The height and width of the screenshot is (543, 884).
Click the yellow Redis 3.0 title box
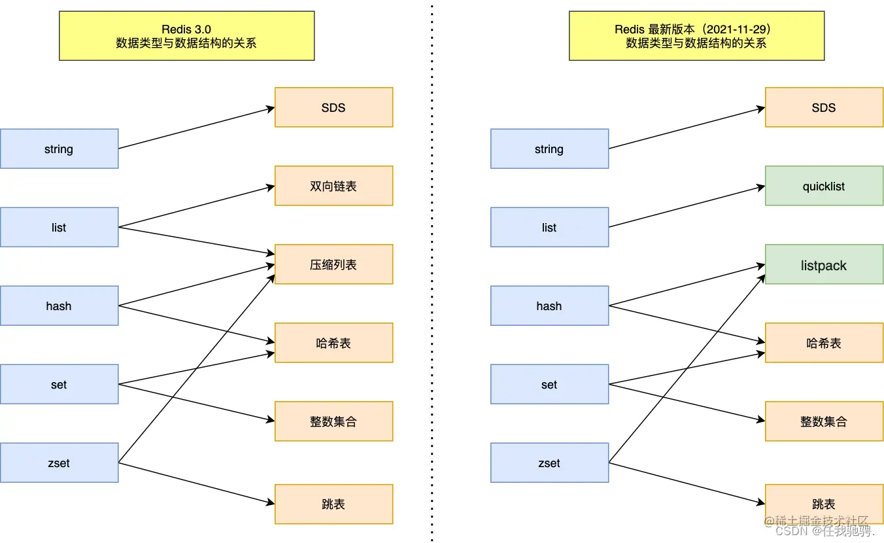[186, 36]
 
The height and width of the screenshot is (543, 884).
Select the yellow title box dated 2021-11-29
[696, 36]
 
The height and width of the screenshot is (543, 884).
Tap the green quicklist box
[824, 186]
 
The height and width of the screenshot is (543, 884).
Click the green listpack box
[824, 264]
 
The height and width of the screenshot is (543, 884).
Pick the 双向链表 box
[333, 186]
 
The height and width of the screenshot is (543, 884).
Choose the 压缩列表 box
[333, 264]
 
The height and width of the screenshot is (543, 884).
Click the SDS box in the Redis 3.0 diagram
[333, 107]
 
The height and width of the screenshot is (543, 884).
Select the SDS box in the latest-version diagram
[824, 107]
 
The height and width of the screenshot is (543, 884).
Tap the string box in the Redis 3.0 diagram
[59, 149]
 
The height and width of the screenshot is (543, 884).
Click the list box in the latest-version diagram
[549, 227]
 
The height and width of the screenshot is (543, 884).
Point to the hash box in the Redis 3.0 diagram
[59, 306]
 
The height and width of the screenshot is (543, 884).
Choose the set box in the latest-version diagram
[549, 384]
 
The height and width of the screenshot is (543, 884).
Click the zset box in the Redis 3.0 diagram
[59, 463]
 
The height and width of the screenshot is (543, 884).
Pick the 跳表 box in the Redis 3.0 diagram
[333, 504]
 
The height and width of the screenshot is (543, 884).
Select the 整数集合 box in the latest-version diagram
[824, 421]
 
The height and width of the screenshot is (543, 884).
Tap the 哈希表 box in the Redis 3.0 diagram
[333, 343]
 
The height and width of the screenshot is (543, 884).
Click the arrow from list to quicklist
[687, 207]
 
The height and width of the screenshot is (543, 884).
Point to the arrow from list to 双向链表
[196, 207]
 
